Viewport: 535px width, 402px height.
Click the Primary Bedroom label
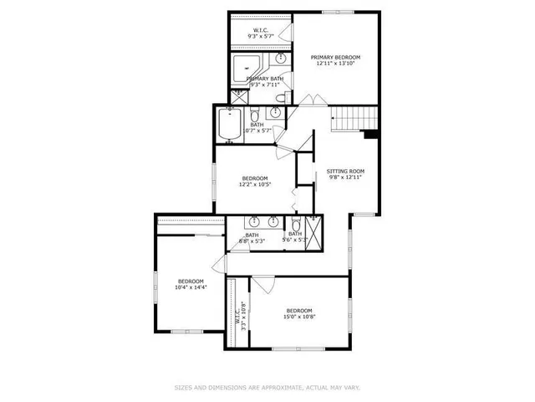coord(329,57)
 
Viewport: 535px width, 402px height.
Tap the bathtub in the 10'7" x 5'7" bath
coord(227,125)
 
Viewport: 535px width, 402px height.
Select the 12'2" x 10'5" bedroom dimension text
coord(255,184)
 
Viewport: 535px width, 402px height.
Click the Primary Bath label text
coord(264,79)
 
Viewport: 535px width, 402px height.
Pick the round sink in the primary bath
coord(281,59)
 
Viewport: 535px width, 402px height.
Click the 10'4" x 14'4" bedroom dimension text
coord(191,287)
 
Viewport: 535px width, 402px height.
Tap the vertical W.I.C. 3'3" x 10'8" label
coord(241,314)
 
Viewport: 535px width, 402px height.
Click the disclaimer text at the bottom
coord(267,388)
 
